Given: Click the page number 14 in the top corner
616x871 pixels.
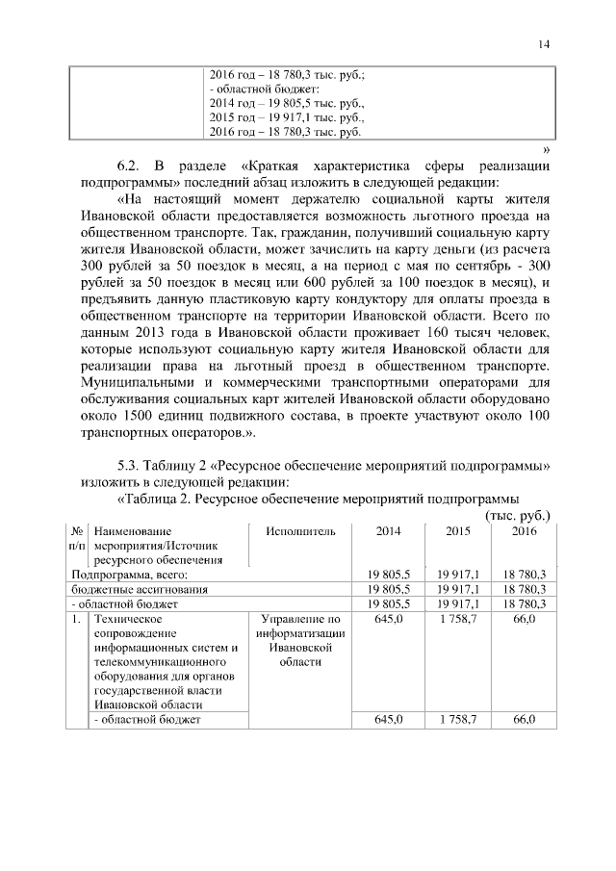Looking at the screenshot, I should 545,44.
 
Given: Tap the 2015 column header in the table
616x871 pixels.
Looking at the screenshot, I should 457,530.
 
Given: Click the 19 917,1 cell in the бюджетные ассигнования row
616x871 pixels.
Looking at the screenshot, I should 457,589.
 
